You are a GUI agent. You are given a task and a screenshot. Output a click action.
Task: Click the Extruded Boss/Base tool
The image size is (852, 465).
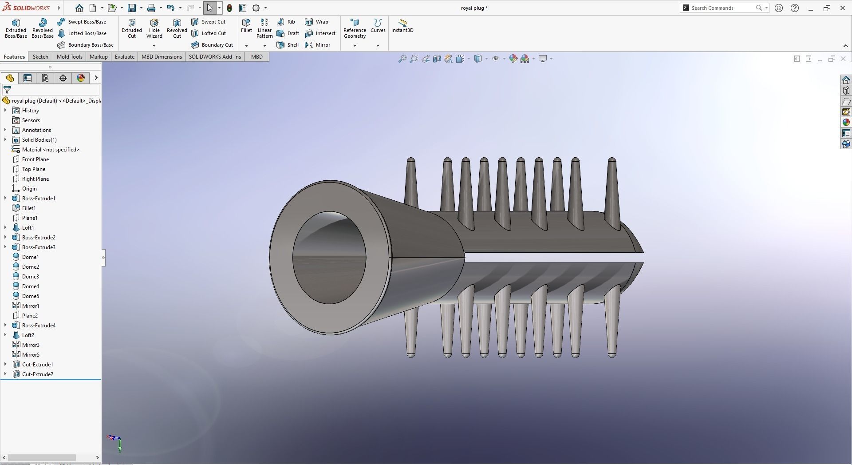(16, 28)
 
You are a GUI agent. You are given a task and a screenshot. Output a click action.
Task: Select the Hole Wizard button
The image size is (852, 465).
(154, 28)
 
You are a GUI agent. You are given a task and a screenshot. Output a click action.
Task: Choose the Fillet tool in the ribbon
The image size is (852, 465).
(246, 25)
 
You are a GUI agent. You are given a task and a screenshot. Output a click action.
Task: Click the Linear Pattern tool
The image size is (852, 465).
(264, 28)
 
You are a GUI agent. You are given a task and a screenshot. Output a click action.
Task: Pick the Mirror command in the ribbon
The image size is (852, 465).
(318, 45)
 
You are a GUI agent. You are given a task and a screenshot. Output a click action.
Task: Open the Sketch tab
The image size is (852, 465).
(40, 57)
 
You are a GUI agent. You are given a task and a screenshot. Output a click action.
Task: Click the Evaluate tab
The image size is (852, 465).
(125, 57)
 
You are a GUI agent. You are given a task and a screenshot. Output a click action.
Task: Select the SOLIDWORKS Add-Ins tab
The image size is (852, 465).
(215, 57)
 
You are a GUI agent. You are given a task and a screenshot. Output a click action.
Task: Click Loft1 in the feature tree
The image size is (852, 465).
(28, 228)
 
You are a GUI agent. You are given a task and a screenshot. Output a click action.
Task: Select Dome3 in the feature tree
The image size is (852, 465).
(30, 277)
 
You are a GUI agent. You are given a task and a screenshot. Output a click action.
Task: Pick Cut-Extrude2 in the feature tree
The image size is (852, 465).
(37, 374)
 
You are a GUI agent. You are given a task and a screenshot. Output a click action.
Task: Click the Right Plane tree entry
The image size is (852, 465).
(35, 179)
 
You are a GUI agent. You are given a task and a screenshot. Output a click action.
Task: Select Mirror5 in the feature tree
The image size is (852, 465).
(31, 355)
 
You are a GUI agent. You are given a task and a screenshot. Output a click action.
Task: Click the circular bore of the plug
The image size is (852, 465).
(329, 258)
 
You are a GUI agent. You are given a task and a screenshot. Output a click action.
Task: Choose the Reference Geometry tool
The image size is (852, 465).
(355, 28)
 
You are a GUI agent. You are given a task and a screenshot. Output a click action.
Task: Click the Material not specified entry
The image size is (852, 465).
(50, 150)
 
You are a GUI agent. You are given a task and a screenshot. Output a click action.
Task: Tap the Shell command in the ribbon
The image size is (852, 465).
(288, 45)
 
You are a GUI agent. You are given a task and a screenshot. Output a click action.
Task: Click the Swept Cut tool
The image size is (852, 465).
(209, 22)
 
